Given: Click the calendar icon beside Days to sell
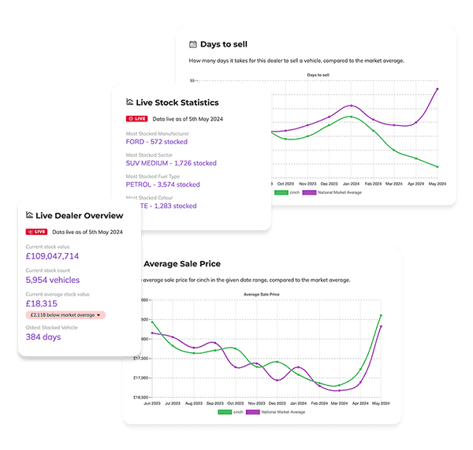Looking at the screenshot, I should tap(193, 45).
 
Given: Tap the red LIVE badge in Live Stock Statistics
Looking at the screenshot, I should tap(136, 118).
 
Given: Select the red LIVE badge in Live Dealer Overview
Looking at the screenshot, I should tap(35, 232).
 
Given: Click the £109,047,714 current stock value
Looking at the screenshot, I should tap(52, 256).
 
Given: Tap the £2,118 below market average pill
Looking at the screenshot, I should tap(65, 315).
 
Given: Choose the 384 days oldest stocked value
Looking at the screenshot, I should tap(43, 337).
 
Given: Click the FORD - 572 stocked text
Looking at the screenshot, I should tap(157, 143).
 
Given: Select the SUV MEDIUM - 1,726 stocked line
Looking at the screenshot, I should tap(171, 163).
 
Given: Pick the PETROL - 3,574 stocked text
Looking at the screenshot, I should tap(163, 184).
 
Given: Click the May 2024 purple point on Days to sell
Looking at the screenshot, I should tap(437, 89).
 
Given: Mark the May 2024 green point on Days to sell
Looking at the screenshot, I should tap(437, 167).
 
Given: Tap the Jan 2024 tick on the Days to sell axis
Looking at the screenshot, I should tap(348, 182).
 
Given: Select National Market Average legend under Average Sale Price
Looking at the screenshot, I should tap(274, 412).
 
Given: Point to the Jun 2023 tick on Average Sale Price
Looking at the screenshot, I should tap(152, 402).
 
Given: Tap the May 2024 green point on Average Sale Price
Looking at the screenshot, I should tap(381, 316).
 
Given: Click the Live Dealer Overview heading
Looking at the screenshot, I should tap(79, 215).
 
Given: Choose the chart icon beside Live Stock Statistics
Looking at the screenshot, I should tap(130, 102).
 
